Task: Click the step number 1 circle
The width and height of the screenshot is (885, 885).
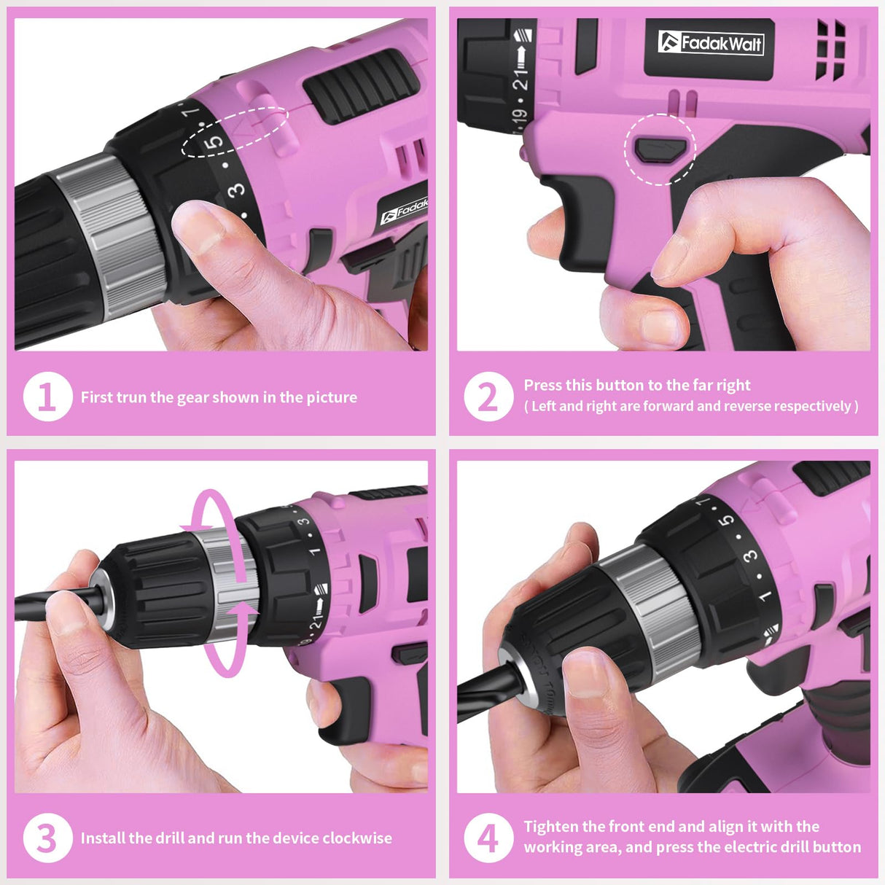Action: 47,397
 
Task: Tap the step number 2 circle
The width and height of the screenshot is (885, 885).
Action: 488,397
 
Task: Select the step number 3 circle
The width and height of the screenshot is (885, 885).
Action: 47,838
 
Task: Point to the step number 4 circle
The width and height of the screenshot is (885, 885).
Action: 488,838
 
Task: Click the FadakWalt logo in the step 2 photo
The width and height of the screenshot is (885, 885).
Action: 710,43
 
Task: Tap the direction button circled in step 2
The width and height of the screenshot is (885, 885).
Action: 658,149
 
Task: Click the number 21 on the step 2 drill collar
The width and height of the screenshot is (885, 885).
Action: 521,78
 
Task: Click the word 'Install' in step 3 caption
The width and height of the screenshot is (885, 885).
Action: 103,838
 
